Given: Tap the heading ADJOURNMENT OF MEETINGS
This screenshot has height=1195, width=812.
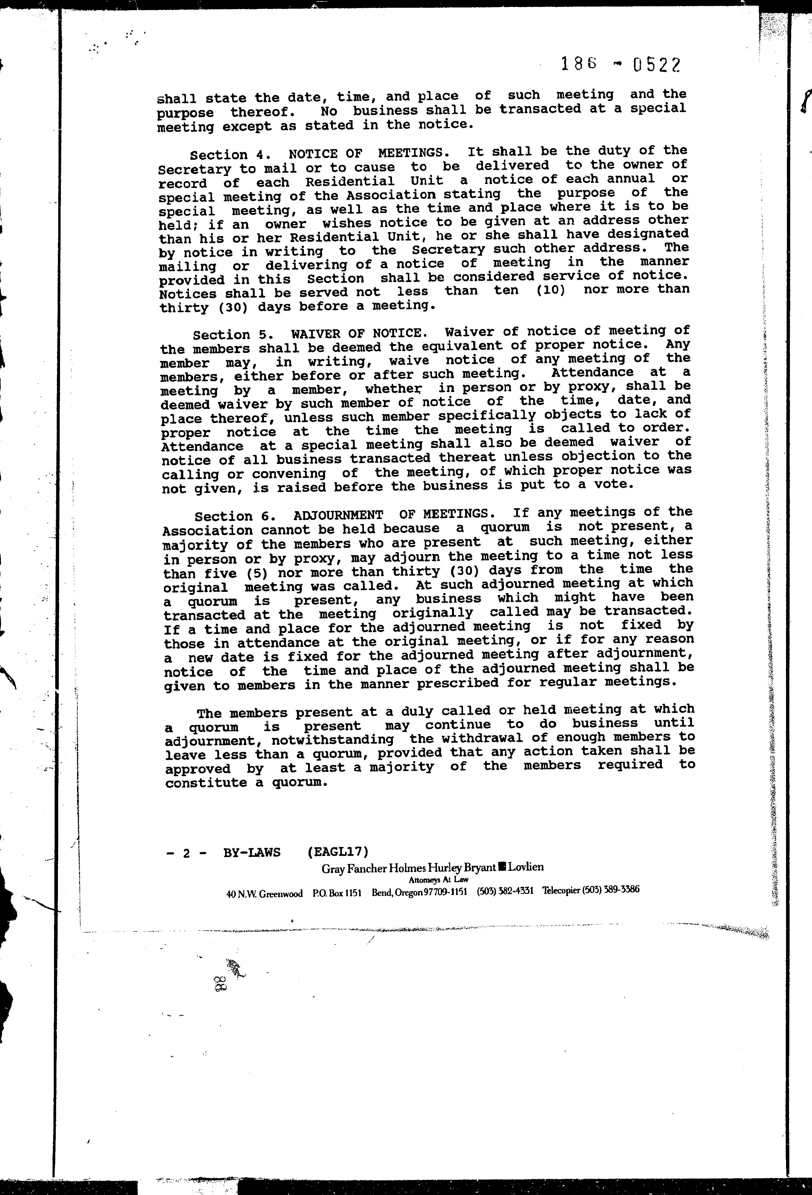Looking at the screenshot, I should point(390,515).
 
